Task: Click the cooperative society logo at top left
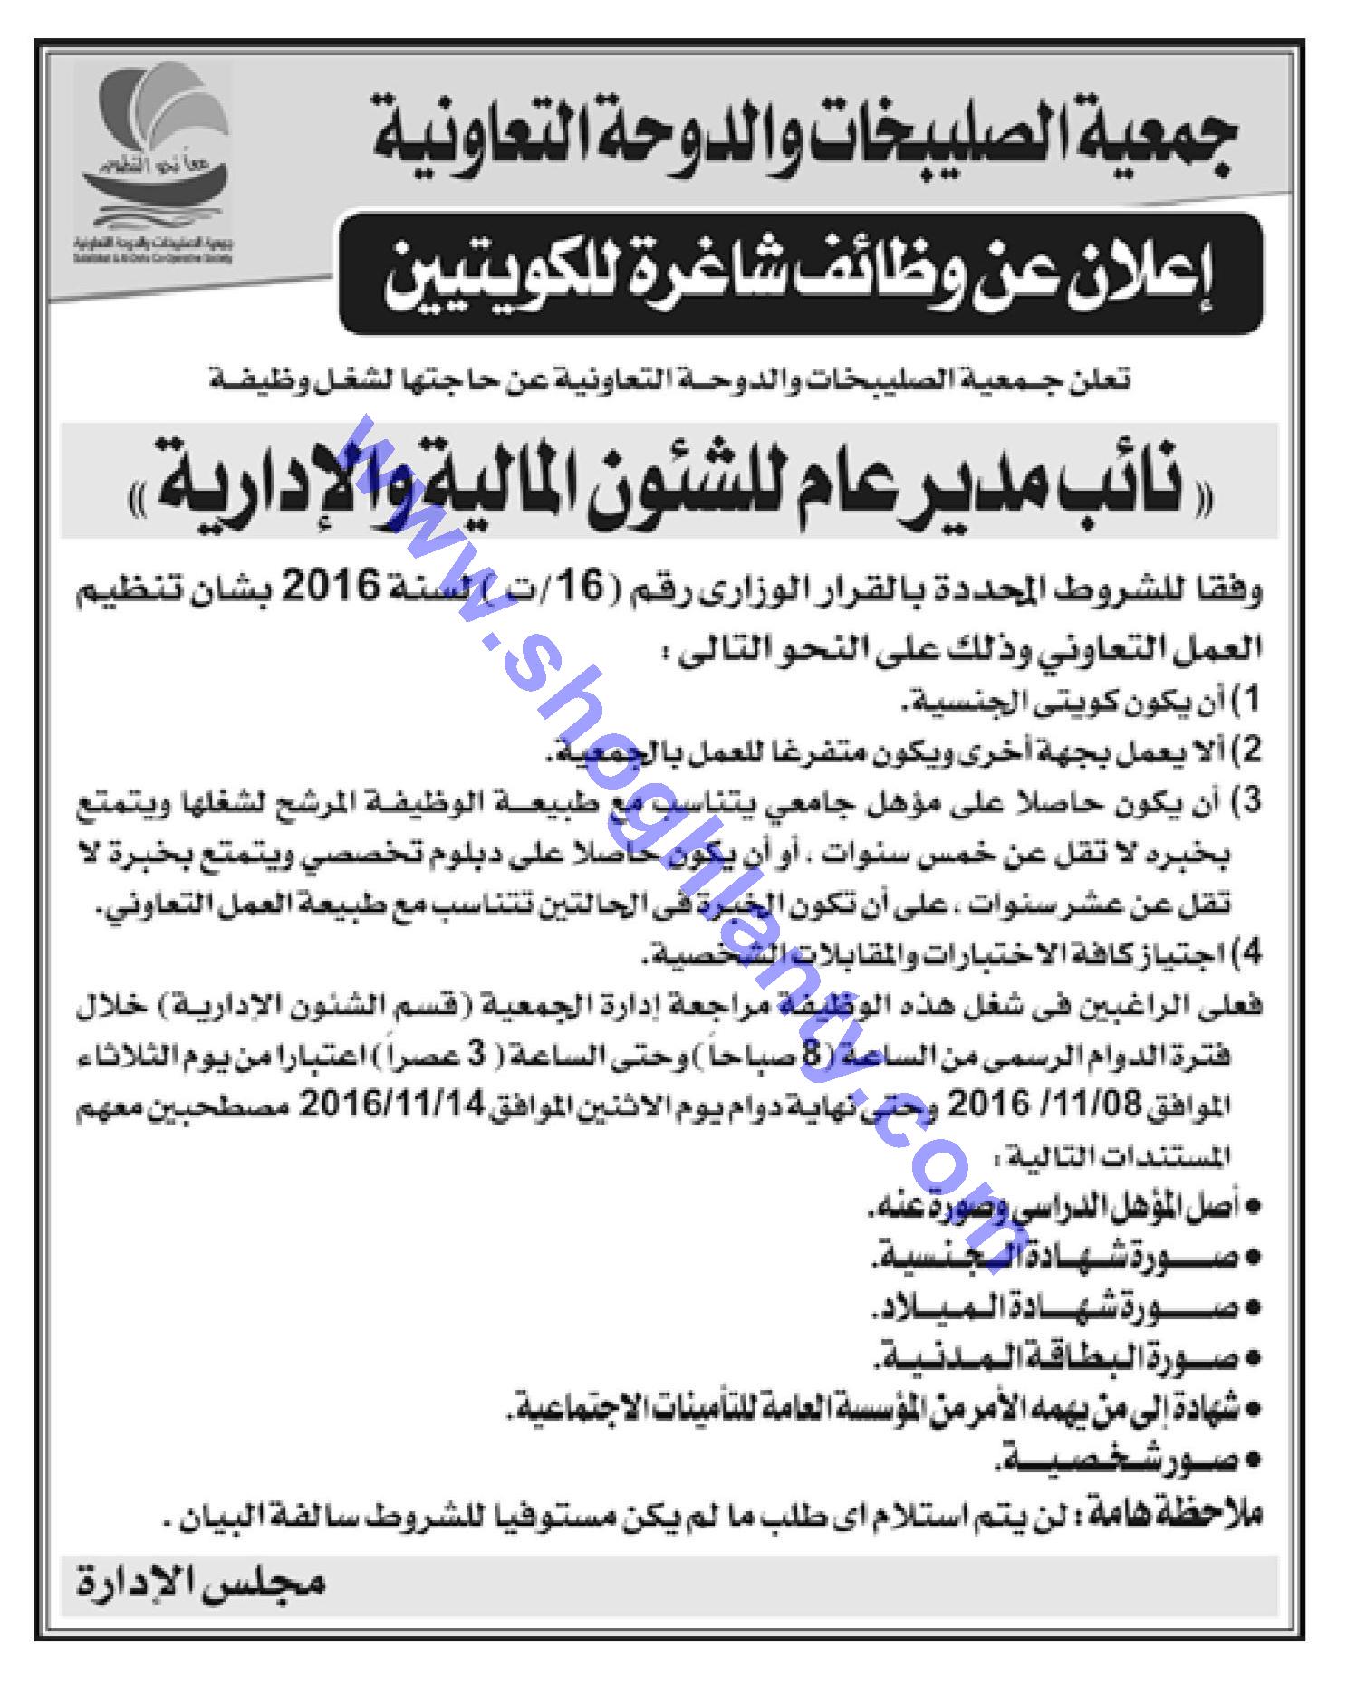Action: click(x=152, y=167)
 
